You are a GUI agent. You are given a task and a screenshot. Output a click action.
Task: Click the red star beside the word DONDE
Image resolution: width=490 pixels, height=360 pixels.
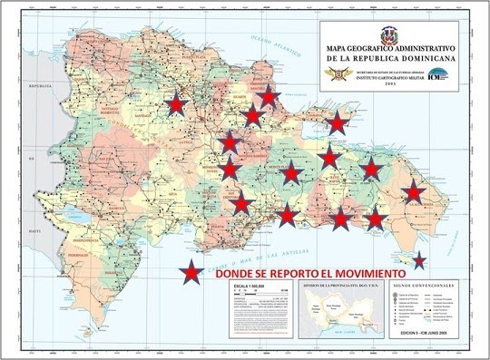tap(191, 272)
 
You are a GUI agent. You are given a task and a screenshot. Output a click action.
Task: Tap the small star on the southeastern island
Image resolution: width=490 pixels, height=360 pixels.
tap(418, 261)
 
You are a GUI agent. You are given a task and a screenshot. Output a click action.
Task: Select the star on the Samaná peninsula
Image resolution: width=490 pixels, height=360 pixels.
tap(338, 122)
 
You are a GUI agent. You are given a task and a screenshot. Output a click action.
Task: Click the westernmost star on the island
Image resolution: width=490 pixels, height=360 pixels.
tap(177, 106)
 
